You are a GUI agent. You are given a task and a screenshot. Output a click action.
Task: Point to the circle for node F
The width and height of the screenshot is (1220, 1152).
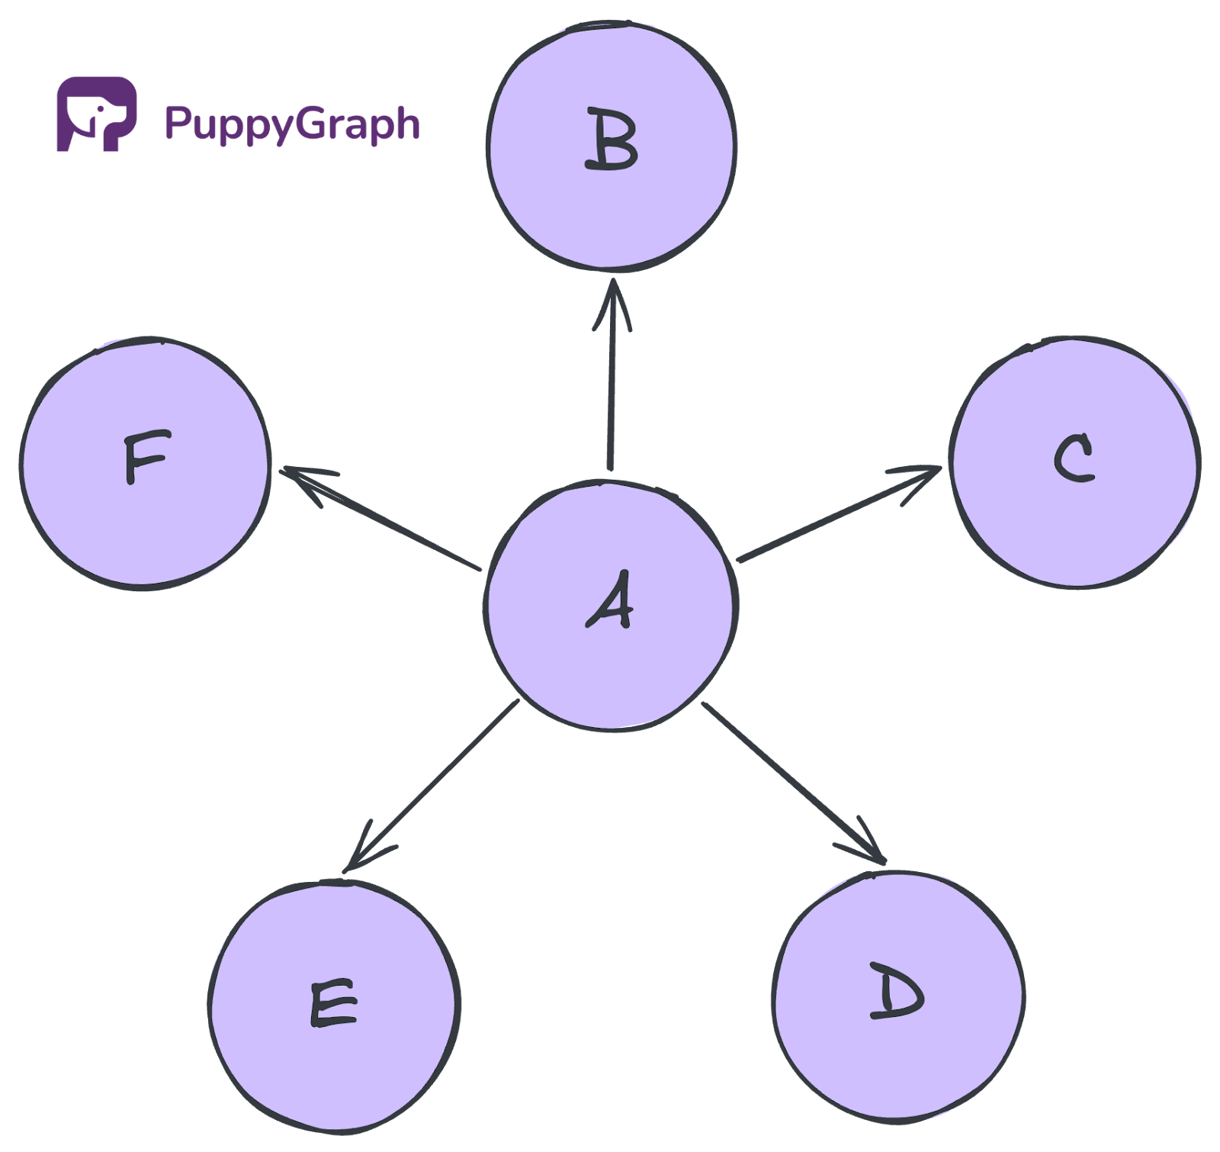click(145, 462)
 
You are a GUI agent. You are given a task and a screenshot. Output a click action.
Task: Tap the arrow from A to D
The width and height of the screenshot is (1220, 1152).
click(793, 782)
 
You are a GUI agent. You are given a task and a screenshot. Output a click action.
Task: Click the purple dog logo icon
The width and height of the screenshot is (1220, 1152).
click(97, 114)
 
